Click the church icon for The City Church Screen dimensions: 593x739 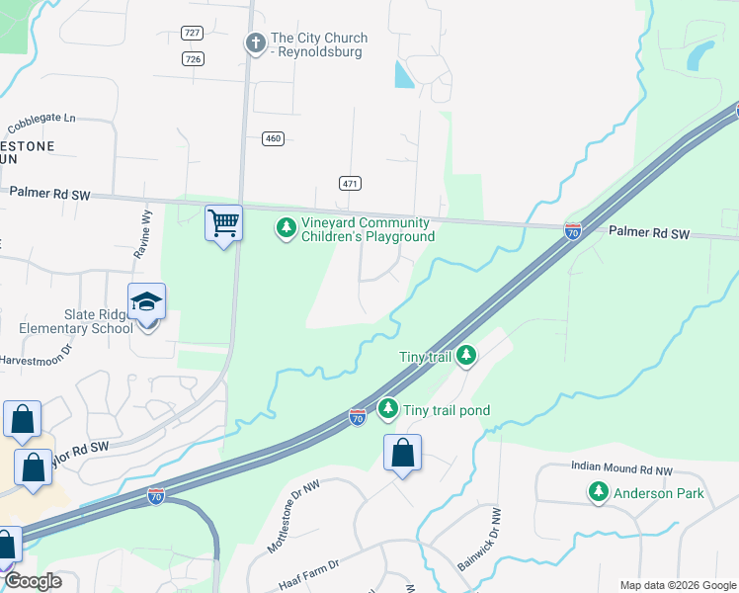[256, 42]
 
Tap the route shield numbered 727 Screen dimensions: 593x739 [193, 33]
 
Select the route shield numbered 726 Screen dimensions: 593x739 [193, 59]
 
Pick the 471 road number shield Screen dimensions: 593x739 [350, 184]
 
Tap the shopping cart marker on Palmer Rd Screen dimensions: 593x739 [224, 223]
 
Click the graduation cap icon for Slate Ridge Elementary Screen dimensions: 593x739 [146, 301]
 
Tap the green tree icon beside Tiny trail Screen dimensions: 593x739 [465, 355]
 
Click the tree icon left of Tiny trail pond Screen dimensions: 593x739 [389, 408]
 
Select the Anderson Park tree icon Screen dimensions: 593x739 [598, 491]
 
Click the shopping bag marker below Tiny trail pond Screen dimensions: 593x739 [402, 454]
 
